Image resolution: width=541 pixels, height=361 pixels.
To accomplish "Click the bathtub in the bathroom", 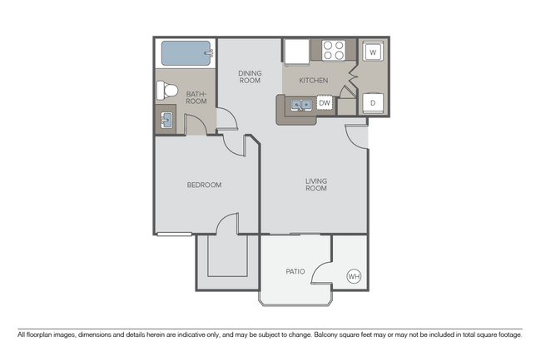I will tap(186, 55).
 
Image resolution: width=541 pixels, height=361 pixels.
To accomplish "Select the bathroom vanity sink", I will tap(165, 120).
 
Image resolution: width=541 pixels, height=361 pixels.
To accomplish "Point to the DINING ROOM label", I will tap(249, 77).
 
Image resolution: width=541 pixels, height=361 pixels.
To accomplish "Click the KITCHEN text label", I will tap(312, 81).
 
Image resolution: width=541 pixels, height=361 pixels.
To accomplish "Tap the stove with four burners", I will tap(334, 51).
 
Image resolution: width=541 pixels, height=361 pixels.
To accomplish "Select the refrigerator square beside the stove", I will tap(296, 51).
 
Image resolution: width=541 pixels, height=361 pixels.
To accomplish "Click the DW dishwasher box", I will tap(325, 103).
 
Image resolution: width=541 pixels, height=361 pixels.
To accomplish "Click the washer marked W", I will tap(373, 52).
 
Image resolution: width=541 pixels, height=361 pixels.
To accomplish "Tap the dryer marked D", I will tap(373, 103).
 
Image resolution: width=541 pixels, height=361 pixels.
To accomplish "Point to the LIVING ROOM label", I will tap(315, 185).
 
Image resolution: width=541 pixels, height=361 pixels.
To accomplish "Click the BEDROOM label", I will tap(204, 185).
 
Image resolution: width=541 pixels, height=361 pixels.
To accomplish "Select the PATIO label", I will tap(295, 271).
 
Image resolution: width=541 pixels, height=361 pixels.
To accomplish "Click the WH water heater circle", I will tap(354, 276).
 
